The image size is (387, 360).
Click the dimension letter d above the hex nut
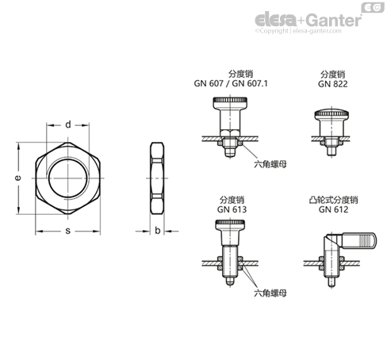68,124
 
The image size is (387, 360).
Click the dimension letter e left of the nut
17,178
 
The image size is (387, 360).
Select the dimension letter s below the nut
68,231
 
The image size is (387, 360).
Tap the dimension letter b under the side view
158,231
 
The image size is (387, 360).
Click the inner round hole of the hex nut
68,178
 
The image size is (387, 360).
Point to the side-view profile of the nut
157,178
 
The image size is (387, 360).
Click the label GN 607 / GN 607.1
231,83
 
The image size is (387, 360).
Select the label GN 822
333,84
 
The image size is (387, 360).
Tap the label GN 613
232,209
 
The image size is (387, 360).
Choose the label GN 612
333,209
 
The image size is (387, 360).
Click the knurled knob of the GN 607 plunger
230,101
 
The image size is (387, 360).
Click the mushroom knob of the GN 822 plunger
331,114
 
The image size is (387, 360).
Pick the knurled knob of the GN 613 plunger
230,224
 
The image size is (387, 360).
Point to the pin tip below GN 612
331,281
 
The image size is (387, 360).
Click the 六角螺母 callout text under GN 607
270,164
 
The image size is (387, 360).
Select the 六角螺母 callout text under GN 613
270,293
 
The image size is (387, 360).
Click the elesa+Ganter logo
308,20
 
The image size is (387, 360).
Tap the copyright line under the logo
298,31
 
